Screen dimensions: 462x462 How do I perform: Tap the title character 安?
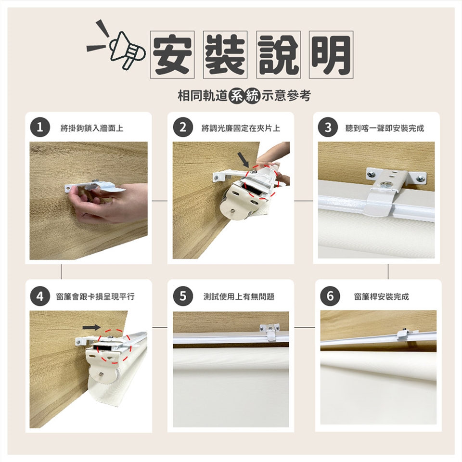(x=172, y=54)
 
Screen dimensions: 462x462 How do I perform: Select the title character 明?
(x=331, y=54)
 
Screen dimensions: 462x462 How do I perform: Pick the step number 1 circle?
(x=40, y=127)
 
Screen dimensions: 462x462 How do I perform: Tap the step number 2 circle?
(x=183, y=127)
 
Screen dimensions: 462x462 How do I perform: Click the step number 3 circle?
(x=328, y=127)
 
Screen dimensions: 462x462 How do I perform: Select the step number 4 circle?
(x=40, y=296)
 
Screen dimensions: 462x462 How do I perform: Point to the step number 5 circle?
(x=183, y=296)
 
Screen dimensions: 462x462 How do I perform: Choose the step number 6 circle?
(x=330, y=296)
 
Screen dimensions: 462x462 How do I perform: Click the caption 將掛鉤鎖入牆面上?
(x=92, y=128)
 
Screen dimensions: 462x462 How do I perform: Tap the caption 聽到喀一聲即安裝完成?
(x=385, y=128)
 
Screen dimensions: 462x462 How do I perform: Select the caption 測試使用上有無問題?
(x=239, y=296)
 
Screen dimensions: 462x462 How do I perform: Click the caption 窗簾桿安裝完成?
(x=382, y=296)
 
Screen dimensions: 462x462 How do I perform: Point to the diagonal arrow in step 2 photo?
(x=244, y=160)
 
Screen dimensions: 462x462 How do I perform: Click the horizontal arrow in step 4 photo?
(x=91, y=327)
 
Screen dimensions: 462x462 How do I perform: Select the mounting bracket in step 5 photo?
(x=269, y=331)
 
